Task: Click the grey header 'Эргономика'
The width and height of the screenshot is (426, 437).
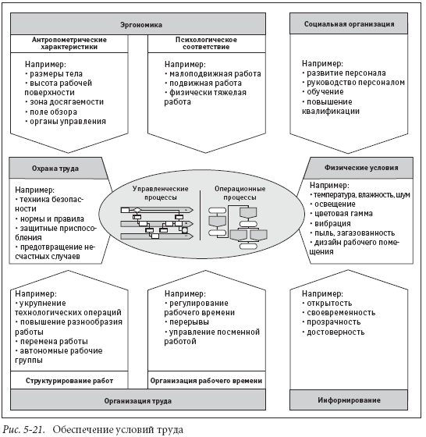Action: tap(138, 23)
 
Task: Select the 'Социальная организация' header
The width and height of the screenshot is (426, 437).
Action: tap(349, 23)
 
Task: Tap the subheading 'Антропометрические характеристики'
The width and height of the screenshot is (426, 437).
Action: tap(69, 43)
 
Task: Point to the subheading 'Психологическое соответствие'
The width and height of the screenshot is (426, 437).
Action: tap(206, 43)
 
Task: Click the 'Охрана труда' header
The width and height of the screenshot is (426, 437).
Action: tap(55, 169)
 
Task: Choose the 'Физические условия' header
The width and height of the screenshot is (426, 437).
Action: tap(361, 168)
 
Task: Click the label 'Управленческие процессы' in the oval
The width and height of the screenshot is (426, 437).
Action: tap(160, 193)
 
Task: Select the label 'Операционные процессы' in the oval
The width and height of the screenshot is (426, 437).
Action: tap(240, 193)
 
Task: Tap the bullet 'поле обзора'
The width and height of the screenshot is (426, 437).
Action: tap(51, 112)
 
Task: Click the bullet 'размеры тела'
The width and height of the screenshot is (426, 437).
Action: tap(54, 74)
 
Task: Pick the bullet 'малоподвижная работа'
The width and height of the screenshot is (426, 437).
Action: tap(213, 74)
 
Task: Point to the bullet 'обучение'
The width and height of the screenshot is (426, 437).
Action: tap(323, 92)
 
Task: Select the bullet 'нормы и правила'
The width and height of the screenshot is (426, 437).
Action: tap(50, 218)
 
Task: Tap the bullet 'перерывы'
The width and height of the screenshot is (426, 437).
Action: tap(187, 322)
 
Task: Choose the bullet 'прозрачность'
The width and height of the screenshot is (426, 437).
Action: tap(332, 322)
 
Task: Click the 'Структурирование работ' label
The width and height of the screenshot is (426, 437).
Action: tap(69, 381)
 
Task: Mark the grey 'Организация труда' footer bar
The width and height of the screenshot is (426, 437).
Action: tap(138, 400)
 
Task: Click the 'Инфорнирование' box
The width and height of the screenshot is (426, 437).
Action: tap(349, 400)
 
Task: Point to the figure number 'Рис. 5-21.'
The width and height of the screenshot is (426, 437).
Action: tap(23, 429)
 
